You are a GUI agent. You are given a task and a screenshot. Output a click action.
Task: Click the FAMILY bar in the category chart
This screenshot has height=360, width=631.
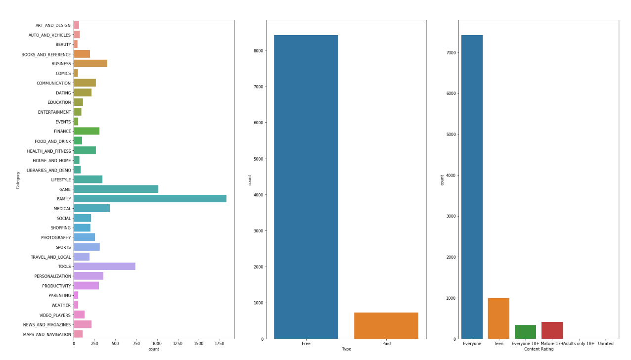[x=150, y=199]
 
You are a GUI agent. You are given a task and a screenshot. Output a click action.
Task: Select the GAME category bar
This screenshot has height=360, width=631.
[x=116, y=189]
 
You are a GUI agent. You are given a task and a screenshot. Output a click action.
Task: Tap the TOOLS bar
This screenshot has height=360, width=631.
[x=104, y=267]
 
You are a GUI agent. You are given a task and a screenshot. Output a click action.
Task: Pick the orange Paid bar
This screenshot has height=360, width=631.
[x=386, y=325]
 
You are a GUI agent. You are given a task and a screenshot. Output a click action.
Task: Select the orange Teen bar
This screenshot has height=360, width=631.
[x=498, y=318]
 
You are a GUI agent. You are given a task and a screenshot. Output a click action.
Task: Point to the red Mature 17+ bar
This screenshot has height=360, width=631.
[x=552, y=330]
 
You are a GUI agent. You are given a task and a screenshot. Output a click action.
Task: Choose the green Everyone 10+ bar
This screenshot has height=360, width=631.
[x=525, y=332]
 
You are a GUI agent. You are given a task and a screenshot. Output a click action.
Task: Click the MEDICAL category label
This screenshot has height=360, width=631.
[x=62, y=209]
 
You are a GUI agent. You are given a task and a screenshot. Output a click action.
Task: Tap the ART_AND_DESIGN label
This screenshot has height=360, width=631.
[x=53, y=25]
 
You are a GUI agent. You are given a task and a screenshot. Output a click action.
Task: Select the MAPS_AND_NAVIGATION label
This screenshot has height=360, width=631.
[x=47, y=334]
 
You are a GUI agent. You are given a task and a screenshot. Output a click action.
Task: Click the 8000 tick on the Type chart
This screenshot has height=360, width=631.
[x=258, y=50]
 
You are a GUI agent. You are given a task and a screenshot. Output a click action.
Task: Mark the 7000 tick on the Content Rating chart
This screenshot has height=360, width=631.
[x=450, y=52]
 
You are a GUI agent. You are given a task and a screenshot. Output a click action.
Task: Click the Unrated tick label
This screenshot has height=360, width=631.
[x=605, y=344]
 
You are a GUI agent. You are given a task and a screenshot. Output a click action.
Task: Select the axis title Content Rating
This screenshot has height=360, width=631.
[x=539, y=349]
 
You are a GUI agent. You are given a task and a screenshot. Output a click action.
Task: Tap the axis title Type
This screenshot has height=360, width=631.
[x=346, y=349]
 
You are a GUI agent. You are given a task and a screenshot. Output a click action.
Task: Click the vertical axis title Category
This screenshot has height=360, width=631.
[x=18, y=180]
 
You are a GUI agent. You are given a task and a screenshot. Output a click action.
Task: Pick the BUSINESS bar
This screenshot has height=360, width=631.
[x=90, y=64]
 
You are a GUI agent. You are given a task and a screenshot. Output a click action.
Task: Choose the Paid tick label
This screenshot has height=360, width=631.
[x=386, y=344]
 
